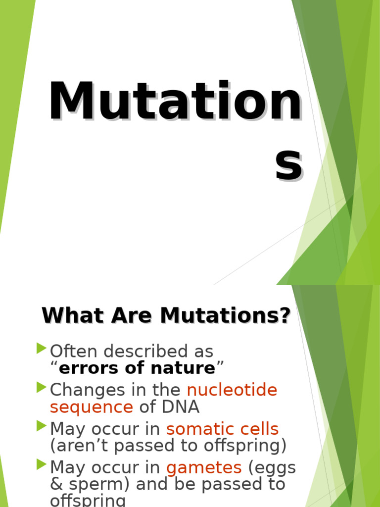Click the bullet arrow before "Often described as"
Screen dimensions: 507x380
pos(42,349)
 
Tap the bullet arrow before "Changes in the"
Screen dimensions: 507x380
pos(42,388)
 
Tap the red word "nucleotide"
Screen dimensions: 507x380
pos(232,390)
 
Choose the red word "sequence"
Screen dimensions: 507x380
pos(91,407)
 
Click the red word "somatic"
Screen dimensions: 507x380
pos(198,429)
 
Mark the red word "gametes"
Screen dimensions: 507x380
pos(204,467)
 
